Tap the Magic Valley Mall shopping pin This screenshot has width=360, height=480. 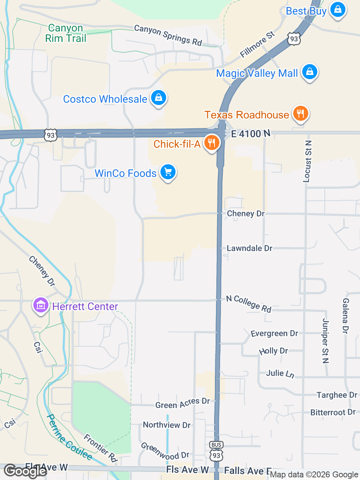point(309,71)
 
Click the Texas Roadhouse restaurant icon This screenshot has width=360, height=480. point(300,113)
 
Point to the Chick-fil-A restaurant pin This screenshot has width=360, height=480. point(212,142)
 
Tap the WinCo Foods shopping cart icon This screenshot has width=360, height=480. point(168,172)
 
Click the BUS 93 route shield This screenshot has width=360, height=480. point(216,451)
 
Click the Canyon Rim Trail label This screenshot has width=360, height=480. point(66,33)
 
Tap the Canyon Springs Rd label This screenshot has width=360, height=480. point(168,35)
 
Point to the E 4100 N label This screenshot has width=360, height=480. point(250,134)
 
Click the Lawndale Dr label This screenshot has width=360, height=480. point(249,248)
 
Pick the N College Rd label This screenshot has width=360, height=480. point(249,304)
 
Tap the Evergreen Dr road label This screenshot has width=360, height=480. point(274,333)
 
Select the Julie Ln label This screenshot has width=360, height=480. point(280,373)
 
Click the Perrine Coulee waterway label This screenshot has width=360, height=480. point(69,437)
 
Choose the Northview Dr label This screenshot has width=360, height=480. point(166,425)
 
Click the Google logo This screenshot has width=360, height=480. point(25,471)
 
